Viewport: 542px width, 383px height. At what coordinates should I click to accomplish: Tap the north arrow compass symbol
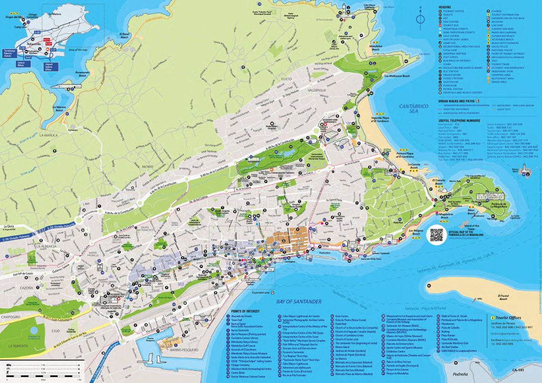tap(420, 20)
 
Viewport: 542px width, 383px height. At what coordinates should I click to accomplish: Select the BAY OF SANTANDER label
tap(299, 302)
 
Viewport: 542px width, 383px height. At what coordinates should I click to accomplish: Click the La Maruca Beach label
tap(60, 107)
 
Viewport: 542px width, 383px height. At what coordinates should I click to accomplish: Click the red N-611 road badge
tap(46, 39)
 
